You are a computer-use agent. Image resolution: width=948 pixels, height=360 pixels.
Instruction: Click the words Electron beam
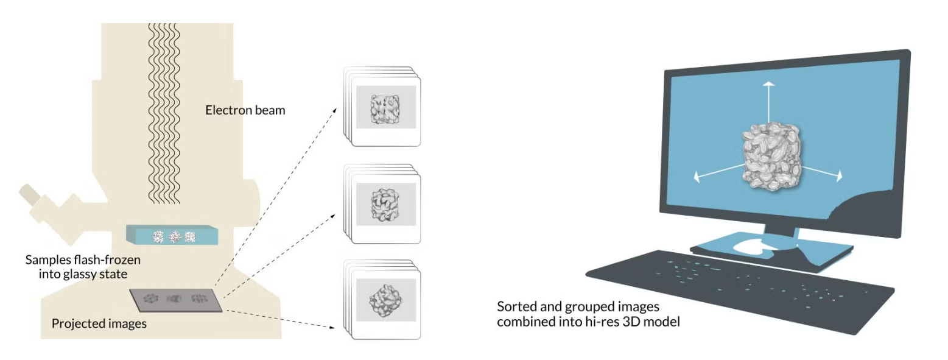tap(245, 111)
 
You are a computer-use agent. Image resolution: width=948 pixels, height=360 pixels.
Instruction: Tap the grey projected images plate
tap(177, 298)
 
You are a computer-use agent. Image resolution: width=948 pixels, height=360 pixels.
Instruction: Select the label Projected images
tap(99, 323)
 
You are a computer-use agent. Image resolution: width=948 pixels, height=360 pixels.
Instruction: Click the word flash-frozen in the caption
tap(111, 260)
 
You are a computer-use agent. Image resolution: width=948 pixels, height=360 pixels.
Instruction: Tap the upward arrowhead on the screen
tap(769, 84)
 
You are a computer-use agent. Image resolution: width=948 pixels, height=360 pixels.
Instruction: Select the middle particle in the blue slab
tap(175, 236)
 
